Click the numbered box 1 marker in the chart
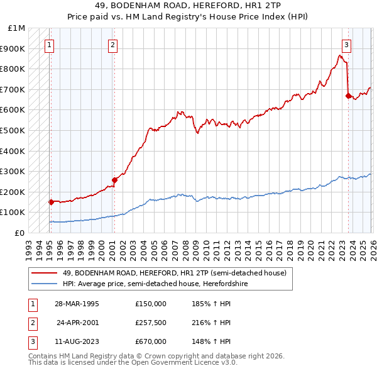(49, 45)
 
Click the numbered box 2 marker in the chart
(112, 45)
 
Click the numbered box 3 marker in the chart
(346, 45)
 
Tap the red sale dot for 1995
(50, 202)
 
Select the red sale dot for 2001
(114, 180)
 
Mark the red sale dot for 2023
(348, 96)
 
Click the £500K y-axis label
(13, 131)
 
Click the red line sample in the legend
(44, 273)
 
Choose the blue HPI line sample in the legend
(44, 284)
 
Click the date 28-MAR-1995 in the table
(77, 304)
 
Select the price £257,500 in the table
(151, 323)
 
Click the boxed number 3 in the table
(32, 341)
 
